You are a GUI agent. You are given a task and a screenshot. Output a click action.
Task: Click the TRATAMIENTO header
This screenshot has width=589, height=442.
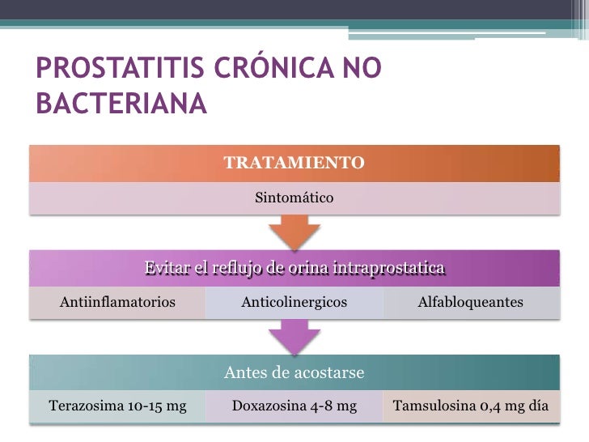pos(294,163)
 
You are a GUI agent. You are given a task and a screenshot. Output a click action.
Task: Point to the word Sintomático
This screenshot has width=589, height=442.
pos(294,197)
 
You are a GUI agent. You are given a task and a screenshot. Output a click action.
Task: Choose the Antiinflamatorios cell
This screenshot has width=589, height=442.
pos(118,302)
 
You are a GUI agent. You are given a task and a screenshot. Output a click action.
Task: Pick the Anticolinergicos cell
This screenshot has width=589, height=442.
pos(294,302)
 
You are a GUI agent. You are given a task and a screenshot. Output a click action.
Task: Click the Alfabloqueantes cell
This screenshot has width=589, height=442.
pos(470,302)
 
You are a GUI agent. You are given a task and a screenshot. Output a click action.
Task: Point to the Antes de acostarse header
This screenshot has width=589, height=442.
pos(294,372)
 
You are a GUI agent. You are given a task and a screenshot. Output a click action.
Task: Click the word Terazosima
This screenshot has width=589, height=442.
pos(83,406)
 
